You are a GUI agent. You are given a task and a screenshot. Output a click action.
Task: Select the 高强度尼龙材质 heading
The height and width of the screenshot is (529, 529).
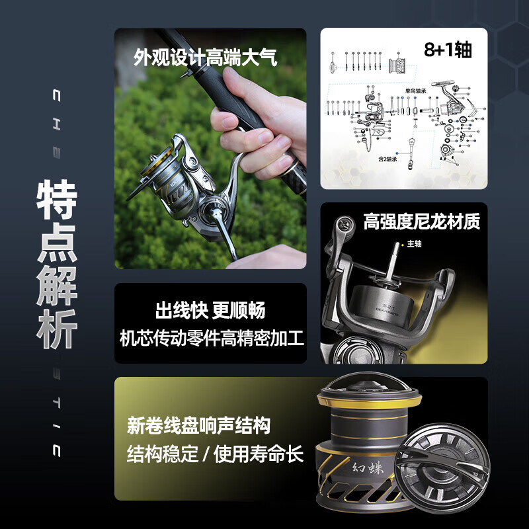tap(421, 221)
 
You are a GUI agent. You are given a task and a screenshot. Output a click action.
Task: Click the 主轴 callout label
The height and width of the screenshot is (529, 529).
tap(415, 243)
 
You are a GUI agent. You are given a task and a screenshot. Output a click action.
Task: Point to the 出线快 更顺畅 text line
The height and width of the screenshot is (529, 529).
tap(210, 309)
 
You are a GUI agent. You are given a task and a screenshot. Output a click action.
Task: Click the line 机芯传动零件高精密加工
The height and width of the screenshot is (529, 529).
tap(211, 339)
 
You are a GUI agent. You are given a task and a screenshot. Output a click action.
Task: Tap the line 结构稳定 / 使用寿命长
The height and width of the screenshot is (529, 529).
tap(215, 454)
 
